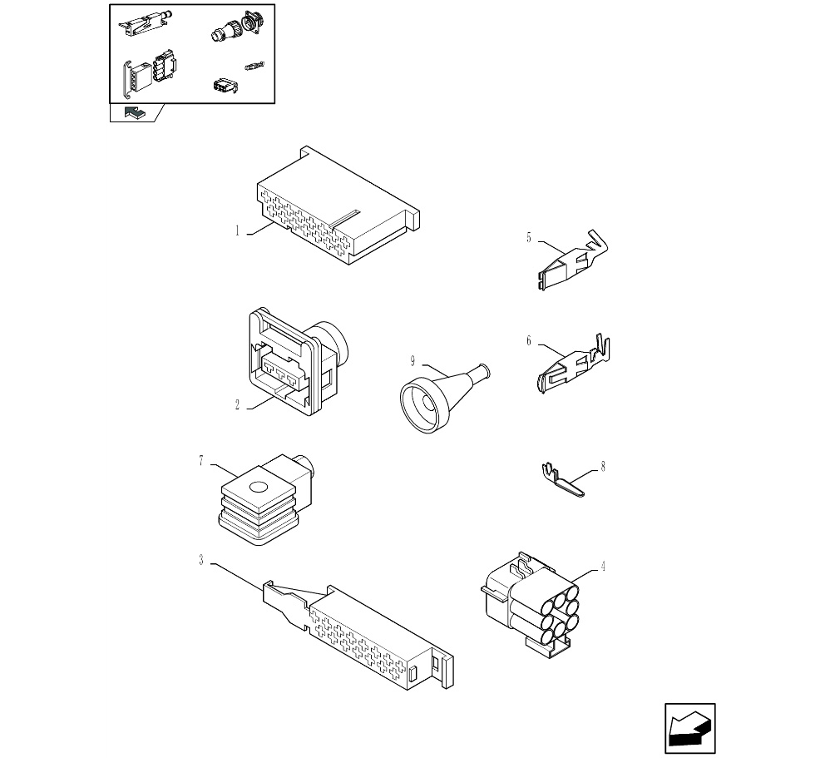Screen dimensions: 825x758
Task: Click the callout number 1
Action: click(237, 231)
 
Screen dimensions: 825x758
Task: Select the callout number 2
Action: click(237, 405)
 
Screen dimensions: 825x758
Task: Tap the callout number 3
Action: click(201, 561)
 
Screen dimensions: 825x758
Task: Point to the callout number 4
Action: click(603, 567)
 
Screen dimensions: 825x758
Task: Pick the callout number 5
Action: click(529, 237)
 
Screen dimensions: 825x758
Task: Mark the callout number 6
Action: click(529, 340)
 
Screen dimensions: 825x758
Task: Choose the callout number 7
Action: click(201, 461)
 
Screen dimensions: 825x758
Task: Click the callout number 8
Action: click(603, 467)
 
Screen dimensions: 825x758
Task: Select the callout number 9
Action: click(412, 361)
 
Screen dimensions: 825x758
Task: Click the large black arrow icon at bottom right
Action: click(689, 728)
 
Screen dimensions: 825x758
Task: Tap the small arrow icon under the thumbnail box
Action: click(134, 112)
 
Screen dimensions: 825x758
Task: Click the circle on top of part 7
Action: click(259, 487)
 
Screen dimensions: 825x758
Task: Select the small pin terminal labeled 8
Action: click(562, 478)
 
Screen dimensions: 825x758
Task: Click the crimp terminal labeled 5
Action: click(573, 259)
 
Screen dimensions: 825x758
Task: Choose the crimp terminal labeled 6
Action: click(574, 363)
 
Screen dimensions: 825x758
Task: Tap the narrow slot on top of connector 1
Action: click(345, 219)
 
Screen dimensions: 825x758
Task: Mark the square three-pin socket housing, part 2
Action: click(299, 362)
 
